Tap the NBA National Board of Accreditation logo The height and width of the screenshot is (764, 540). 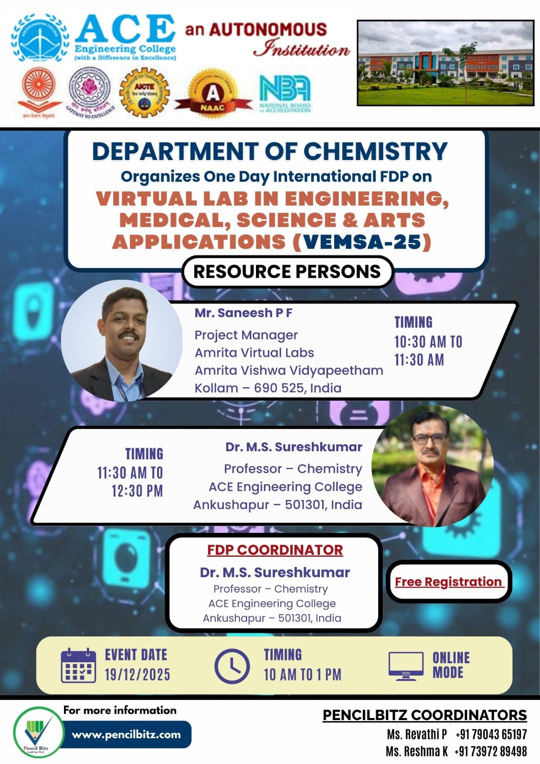285,94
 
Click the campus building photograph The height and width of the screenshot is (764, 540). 445,63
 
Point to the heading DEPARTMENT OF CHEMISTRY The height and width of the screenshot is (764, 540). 270,151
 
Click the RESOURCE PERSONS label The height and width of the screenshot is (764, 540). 287,272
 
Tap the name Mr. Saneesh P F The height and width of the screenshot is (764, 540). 244,313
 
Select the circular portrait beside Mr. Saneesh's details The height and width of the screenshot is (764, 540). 122,340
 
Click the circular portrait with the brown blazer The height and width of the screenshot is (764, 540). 432,466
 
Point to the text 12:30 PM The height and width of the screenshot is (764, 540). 137,491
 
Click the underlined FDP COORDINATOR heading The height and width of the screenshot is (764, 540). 275,550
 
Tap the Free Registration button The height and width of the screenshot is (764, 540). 448,582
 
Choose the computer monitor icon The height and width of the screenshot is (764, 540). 406,666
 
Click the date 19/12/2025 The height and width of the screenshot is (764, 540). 138,675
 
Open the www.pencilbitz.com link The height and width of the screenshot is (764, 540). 127,734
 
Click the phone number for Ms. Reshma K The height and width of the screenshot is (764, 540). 490,752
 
